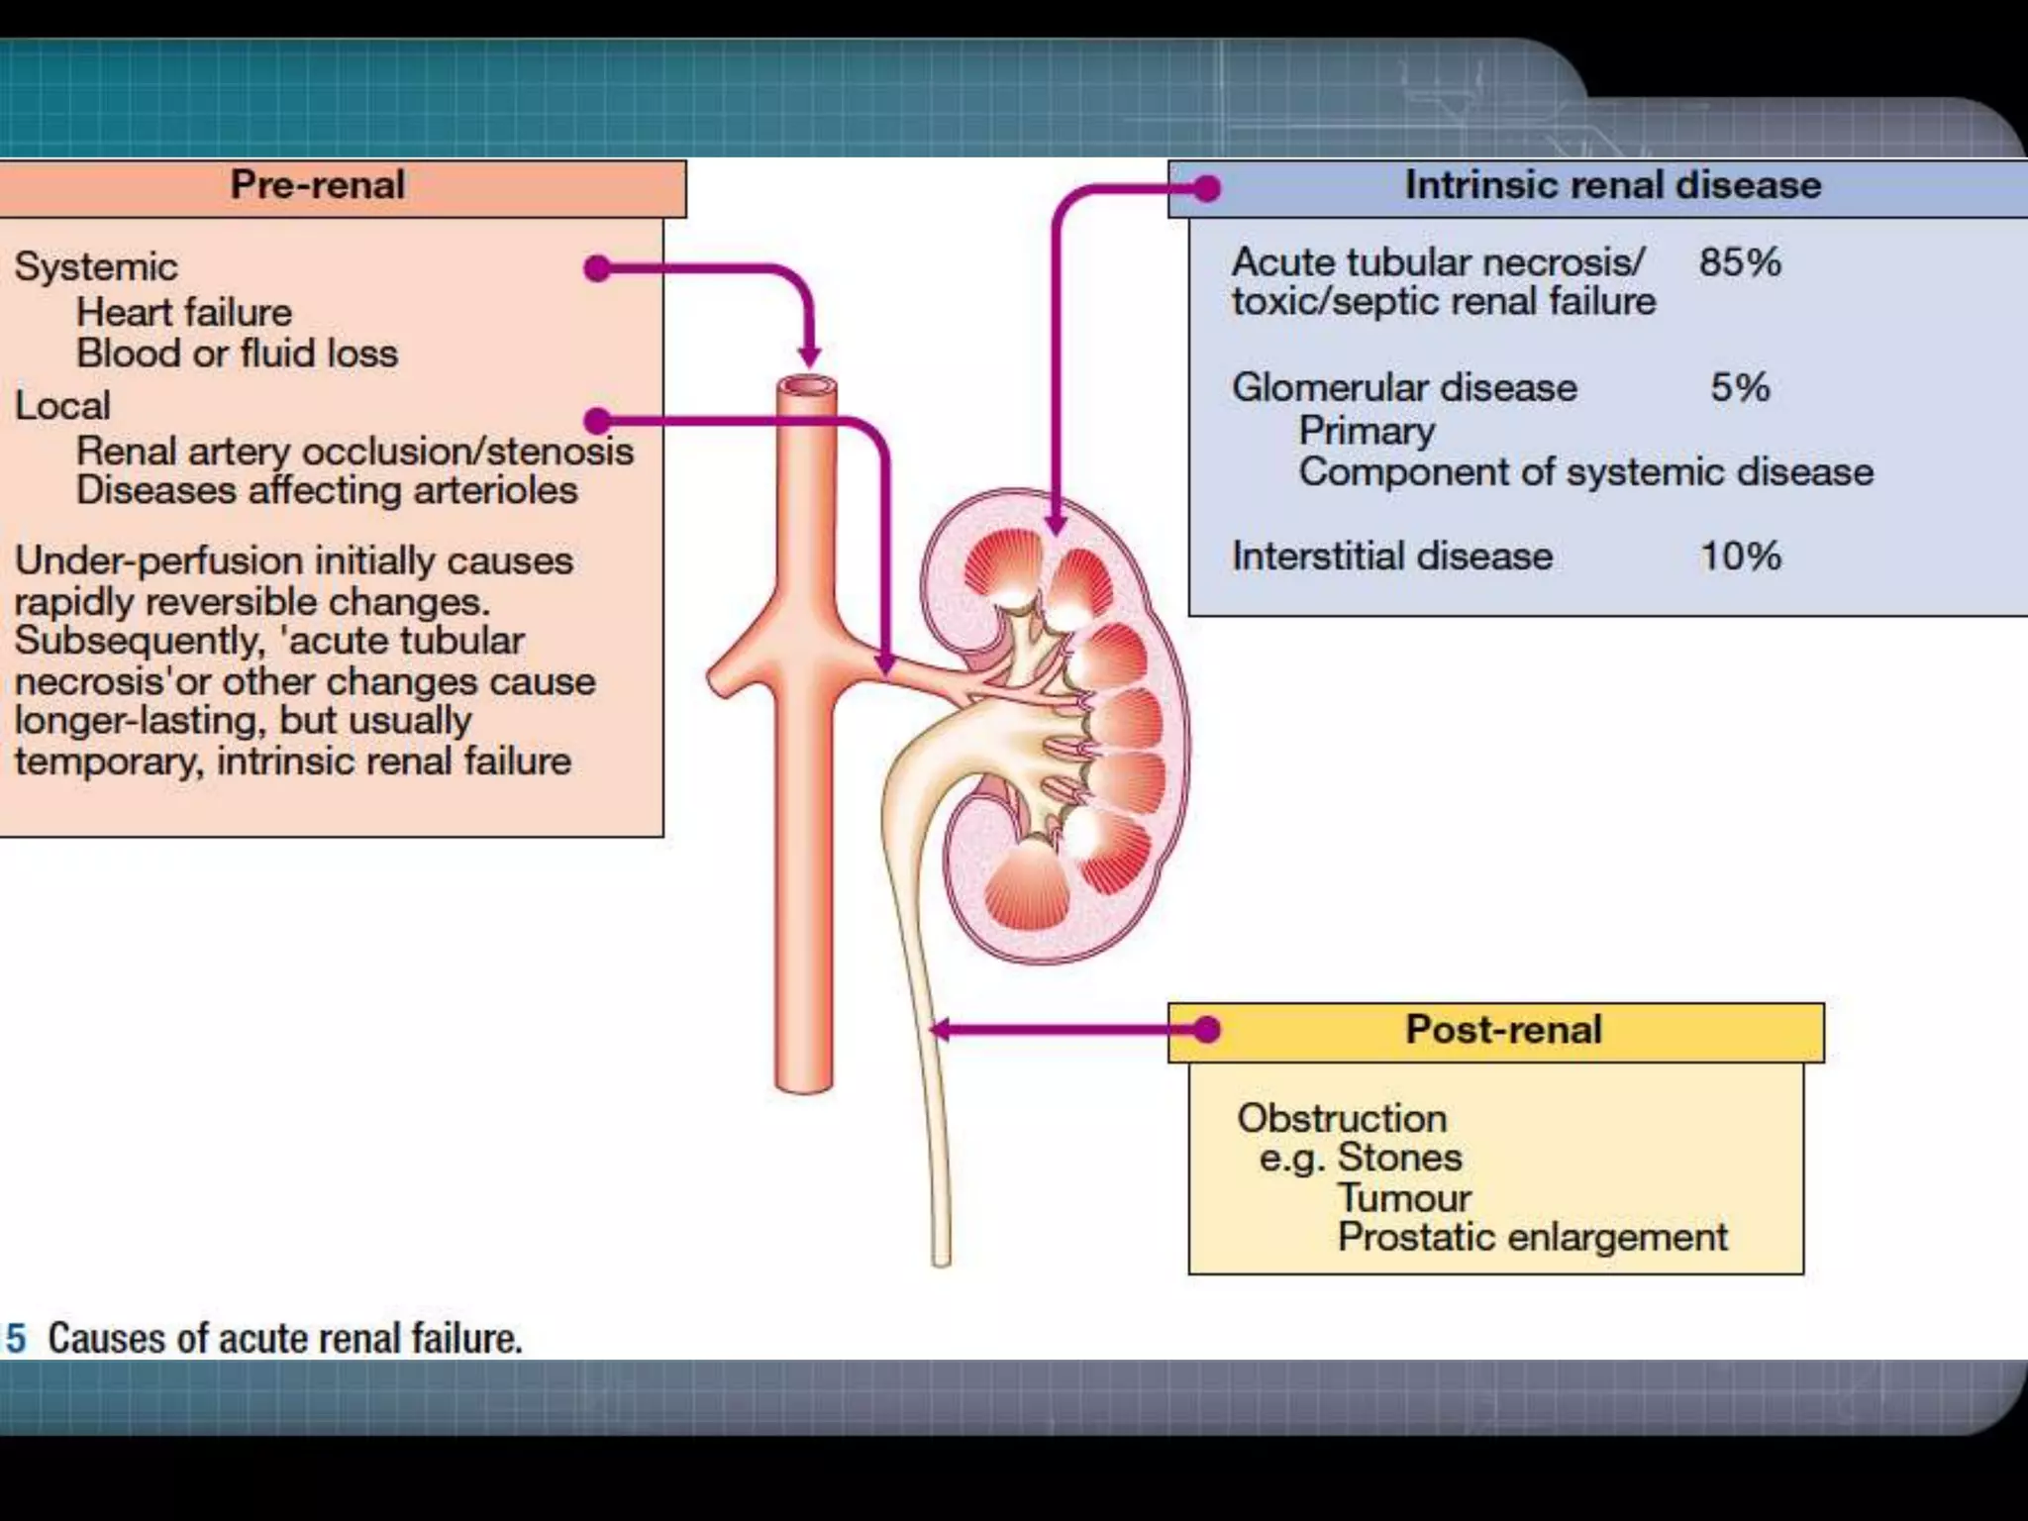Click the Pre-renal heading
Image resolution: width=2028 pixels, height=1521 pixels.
coord(317,185)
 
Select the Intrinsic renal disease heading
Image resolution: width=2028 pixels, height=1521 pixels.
coord(1612,185)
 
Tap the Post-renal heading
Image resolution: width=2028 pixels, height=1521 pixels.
coord(1503,1030)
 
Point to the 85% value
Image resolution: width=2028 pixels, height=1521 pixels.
coord(1740,262)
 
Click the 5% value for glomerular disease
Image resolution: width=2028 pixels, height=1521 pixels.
coord(1740,387)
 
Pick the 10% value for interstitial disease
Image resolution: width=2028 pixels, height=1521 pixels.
coord(1740,556)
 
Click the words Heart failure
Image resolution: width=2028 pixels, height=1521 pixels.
coord(184,313)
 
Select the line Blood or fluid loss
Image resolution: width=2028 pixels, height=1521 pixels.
coord(237,354)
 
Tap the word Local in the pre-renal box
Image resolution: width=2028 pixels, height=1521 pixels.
coord(62,406)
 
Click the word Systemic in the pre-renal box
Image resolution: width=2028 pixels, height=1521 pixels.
coord(96,267)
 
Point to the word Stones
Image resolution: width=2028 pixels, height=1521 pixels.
coord(1399,1158)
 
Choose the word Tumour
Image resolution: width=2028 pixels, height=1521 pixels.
coord(1404,1198)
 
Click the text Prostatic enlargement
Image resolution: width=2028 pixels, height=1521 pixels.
coord(1532,1238)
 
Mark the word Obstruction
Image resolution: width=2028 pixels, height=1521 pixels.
coord(1342,1118)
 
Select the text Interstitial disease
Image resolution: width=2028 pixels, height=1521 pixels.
coord(1391,557)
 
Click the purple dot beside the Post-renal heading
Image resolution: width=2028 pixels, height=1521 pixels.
coord(1206,1030)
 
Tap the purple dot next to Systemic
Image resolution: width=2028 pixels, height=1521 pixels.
coord(597,267)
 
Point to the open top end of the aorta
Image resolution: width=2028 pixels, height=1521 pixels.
coord(807,386)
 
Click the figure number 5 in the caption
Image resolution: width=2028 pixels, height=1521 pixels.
coord(15,1338)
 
